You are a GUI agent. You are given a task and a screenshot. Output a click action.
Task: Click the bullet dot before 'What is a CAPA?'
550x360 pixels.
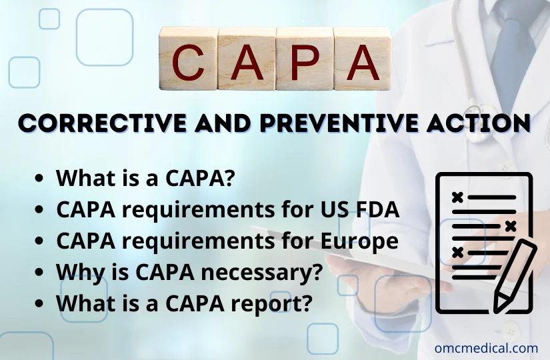(41, 179)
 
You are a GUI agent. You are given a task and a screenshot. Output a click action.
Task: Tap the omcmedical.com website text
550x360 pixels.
(486, 347)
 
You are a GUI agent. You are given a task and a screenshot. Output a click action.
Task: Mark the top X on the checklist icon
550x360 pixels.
(457, 197)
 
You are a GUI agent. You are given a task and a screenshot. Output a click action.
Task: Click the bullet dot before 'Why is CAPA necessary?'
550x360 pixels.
(41, 271)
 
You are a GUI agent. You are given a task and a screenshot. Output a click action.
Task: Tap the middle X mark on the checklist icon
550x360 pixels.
(510, 225)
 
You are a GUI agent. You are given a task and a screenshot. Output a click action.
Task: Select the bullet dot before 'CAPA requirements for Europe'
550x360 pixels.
(41, 240)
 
